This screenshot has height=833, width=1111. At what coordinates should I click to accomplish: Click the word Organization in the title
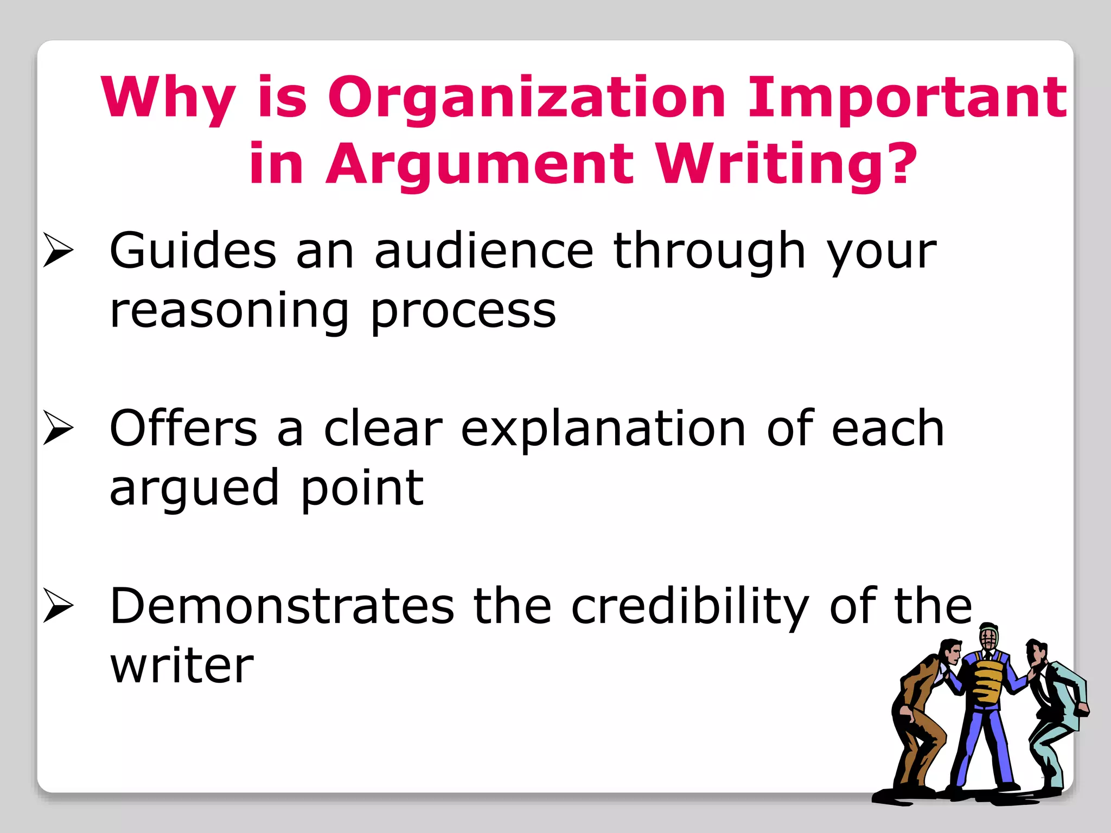527,98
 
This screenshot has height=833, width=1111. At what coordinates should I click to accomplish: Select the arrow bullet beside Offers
58,428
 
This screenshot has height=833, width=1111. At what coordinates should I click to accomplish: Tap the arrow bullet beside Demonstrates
58,605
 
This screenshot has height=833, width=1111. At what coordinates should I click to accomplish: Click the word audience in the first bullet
484,251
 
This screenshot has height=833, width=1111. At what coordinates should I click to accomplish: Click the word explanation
603,429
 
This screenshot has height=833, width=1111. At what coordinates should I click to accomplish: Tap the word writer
182,665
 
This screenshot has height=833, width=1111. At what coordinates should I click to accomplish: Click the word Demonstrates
282,606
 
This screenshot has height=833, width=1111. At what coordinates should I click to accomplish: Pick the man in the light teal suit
1055,710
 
